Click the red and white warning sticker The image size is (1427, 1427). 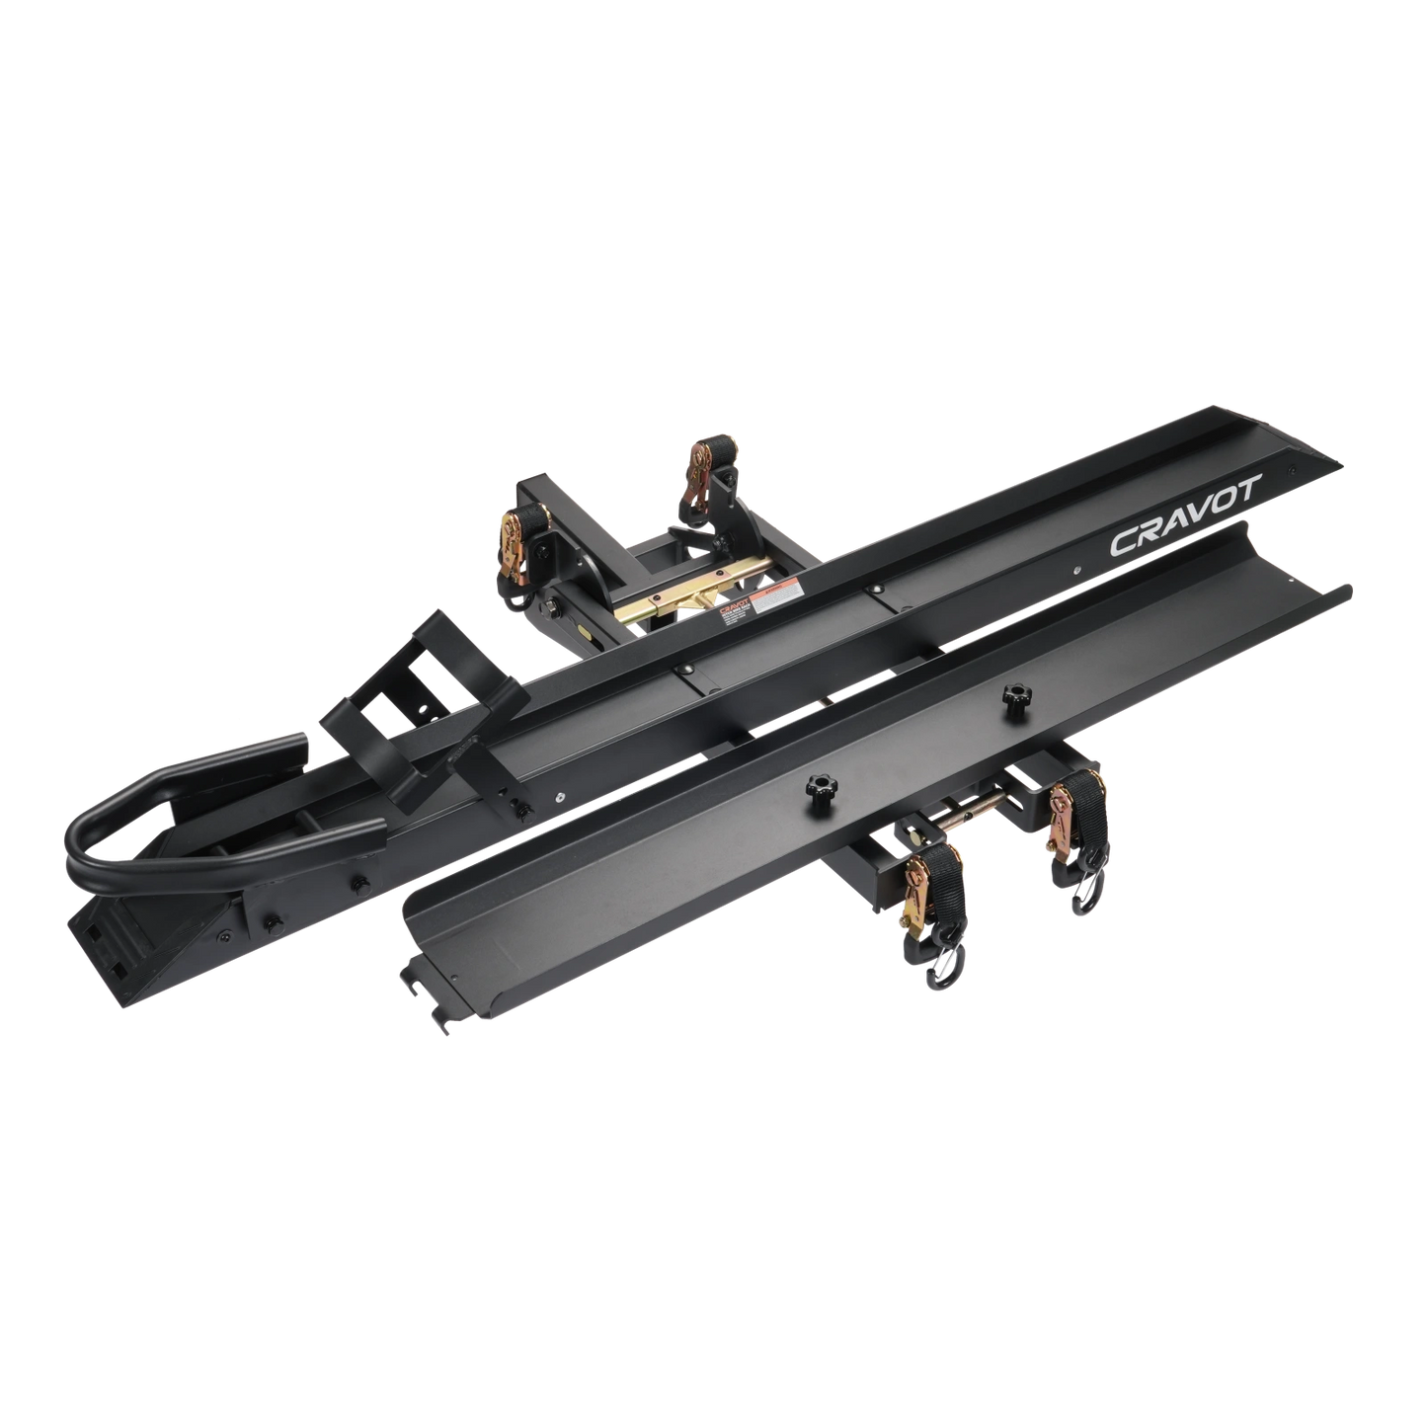787,595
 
